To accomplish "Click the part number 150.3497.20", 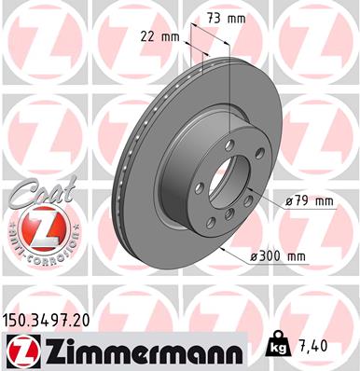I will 51,319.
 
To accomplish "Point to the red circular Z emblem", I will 37,227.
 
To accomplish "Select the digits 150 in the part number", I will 21,319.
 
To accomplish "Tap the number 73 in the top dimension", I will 215,19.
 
